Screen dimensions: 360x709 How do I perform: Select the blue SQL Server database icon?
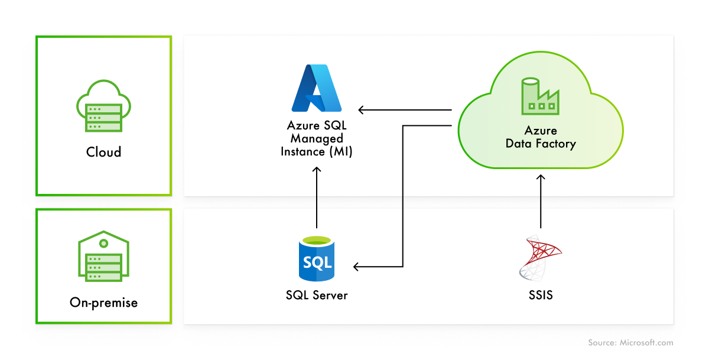coord(317,258)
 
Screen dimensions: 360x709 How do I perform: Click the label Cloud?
coord(103,152)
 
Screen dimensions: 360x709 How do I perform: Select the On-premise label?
coord(103,303)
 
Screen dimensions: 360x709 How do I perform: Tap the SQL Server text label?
coord(317,294)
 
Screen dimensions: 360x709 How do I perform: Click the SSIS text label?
coord(540,294)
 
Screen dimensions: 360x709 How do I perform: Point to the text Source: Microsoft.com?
coord(630,343)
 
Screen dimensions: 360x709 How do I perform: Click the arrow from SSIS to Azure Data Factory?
coord(540,201)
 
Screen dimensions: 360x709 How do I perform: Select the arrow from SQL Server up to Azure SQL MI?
coord(317,198)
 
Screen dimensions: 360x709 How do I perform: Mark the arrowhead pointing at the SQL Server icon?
coord(357,267)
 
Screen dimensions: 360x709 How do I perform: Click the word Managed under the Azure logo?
coord(317,138)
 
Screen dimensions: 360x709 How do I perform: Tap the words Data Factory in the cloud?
coord(540,144)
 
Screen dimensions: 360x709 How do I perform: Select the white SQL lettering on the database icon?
coord(317,261)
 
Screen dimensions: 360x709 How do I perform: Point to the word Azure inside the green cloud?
coord(540,131)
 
